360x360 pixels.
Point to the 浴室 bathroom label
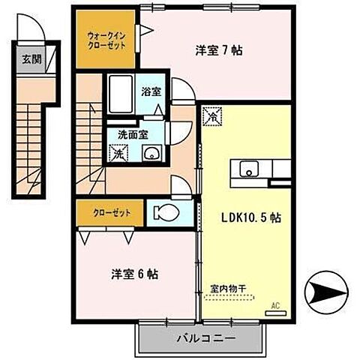[151, 91]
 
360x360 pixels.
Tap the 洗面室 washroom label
[132, 135]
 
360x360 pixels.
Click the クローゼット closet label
[112, 213]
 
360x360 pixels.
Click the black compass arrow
[328, 291]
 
